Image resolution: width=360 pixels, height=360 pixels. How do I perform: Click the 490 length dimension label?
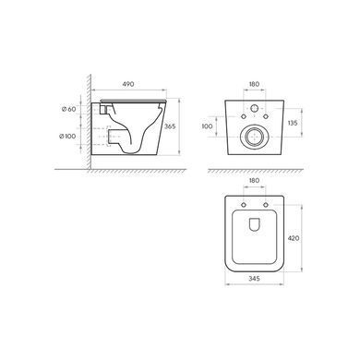click(128, 84)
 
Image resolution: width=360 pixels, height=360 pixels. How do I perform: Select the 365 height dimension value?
click(170, 126)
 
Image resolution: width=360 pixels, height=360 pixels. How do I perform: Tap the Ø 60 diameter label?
click(68, 109)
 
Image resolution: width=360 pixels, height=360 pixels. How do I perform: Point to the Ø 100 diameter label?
click(67, 136)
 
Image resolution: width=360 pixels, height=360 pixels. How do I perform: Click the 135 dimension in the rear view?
click(293, 123)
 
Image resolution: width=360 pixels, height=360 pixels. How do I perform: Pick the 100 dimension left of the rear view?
click(207, 126)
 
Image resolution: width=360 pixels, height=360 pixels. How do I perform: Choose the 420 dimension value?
click(294, 238)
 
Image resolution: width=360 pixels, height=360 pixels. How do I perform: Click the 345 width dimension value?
click(254, 279)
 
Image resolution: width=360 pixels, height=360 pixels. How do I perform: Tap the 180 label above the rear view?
click(254, 84)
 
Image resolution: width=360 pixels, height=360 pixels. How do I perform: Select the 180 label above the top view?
click(254, 180)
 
